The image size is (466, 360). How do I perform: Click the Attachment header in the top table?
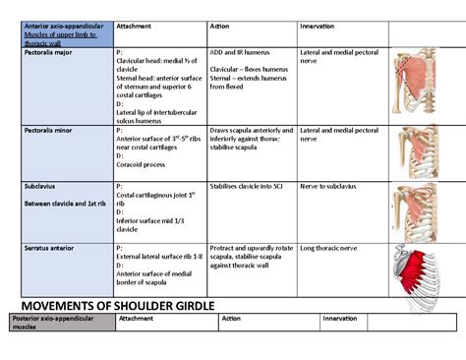135,26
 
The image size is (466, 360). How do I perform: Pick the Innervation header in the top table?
317,26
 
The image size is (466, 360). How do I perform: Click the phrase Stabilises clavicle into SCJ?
250,185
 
